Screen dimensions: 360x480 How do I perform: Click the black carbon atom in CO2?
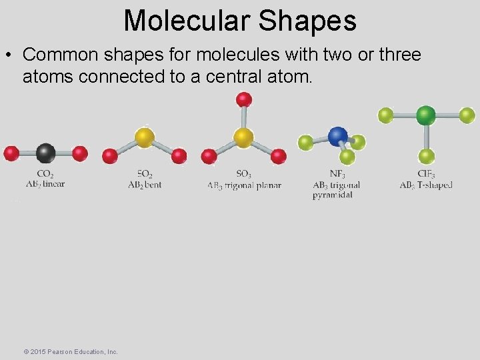(45, 153)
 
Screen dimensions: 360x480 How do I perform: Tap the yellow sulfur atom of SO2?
(145, 137)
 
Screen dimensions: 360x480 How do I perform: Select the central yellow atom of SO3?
(243, 137)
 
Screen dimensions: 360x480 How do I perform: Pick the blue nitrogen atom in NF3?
(338, 135)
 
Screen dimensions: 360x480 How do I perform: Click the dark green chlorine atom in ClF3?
(426, 115)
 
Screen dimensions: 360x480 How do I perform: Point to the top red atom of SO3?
(243, 100)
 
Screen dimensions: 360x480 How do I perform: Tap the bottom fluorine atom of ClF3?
(427, 157)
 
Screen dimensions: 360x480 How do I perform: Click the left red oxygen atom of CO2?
(11, 153)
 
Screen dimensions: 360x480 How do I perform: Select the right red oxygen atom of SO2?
(179, 157)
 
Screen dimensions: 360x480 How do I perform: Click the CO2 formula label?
(45, 175)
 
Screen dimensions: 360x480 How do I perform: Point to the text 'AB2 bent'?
(145, 185)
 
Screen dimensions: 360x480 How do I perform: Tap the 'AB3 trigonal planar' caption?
(244, 185)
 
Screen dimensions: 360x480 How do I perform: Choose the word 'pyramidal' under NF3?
(332, 195)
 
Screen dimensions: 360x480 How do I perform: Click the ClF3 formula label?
(426, 175)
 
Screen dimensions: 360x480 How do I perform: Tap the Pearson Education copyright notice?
(70, 351)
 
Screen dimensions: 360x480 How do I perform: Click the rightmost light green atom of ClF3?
(467, 115)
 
